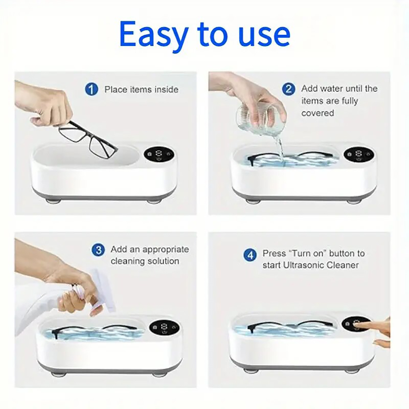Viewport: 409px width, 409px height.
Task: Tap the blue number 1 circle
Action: click(x=91, y=89)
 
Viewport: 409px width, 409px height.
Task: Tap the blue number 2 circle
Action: click(x=288, y=89)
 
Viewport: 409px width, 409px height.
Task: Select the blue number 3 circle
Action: click(x=98, y=250)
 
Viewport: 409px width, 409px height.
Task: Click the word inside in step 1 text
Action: click(x=166, y=90)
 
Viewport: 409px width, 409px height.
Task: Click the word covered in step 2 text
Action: click(x=317, y=113)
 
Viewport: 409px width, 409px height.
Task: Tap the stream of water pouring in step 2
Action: click(x=280, y=147)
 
